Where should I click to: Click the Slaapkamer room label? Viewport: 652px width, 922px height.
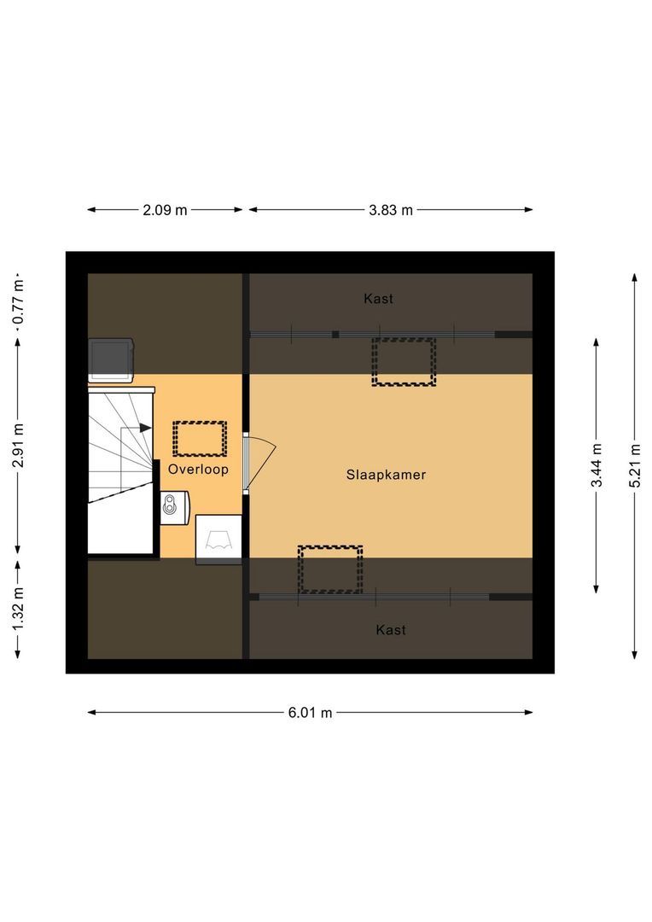[386, 475]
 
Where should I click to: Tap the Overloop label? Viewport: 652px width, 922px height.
[198, 470]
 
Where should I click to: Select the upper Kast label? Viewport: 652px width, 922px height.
[378, 299]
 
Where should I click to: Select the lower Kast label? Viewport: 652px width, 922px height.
[391, 630]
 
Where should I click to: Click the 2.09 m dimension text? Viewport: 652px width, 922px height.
[166, 210]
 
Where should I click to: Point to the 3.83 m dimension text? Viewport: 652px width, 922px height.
[390, 210]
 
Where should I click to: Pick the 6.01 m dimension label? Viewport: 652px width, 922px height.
[310, 713]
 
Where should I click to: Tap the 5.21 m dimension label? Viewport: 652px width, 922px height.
[634, 466]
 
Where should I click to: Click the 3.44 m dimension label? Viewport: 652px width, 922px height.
[597, 465]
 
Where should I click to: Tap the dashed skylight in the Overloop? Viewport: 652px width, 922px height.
[199, 438]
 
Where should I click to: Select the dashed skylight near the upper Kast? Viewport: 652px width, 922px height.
[404, 361]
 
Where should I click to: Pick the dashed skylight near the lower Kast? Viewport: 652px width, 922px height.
[330, 569]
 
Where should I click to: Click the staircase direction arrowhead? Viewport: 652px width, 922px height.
[146, 428]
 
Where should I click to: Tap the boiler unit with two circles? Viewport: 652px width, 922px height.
[176, 505]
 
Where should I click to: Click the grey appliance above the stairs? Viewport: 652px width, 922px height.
[112, 359]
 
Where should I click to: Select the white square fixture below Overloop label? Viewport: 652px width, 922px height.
[218, 540]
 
